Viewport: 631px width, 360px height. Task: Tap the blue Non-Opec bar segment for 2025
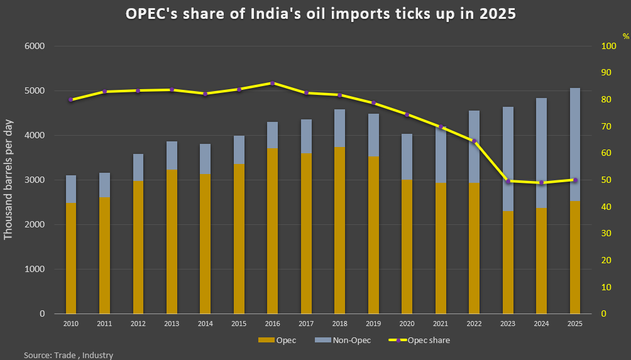point(575,144)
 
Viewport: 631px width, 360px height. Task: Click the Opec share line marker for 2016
point(272,83)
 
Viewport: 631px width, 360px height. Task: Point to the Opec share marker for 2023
point(508,181)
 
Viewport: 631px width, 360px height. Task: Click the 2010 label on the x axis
point(70,324)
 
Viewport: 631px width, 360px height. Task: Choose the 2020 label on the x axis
point(407,324)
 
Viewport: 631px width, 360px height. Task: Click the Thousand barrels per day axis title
point(9,180)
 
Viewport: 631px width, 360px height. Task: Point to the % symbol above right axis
point(625,36)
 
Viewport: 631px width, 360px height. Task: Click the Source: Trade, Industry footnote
point(69,355)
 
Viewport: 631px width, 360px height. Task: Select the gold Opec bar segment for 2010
point(70,258)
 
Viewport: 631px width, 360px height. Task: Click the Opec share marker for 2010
point(70,99)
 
